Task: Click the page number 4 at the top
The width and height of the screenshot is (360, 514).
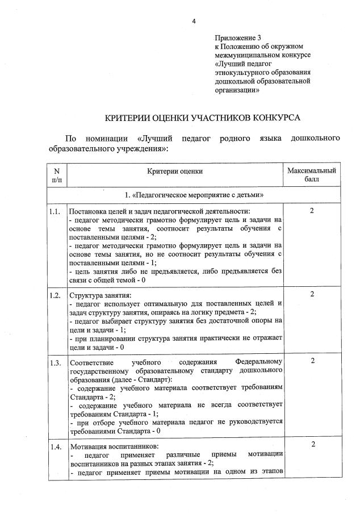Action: [x=194, y=21]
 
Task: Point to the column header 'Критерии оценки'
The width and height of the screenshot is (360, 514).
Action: [x=175, y=171]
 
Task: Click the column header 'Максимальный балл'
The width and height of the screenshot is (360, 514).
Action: [x=312, y=175]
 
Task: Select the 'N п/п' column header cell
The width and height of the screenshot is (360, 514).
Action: [x=56, y=175]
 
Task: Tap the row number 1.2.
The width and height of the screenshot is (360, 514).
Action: [x=55, y=295]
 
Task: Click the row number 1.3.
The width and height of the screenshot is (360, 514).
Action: [x=55, y=362]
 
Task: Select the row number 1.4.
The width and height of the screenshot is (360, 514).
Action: [x=55, y=447]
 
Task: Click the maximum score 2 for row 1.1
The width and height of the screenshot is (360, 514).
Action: [x=312, y=211]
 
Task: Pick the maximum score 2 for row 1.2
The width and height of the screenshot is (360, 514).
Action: [x=312, y=294]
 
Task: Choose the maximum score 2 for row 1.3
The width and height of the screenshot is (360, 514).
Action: [x=312, y=361]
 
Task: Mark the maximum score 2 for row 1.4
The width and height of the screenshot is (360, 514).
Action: [x=312, y=445]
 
